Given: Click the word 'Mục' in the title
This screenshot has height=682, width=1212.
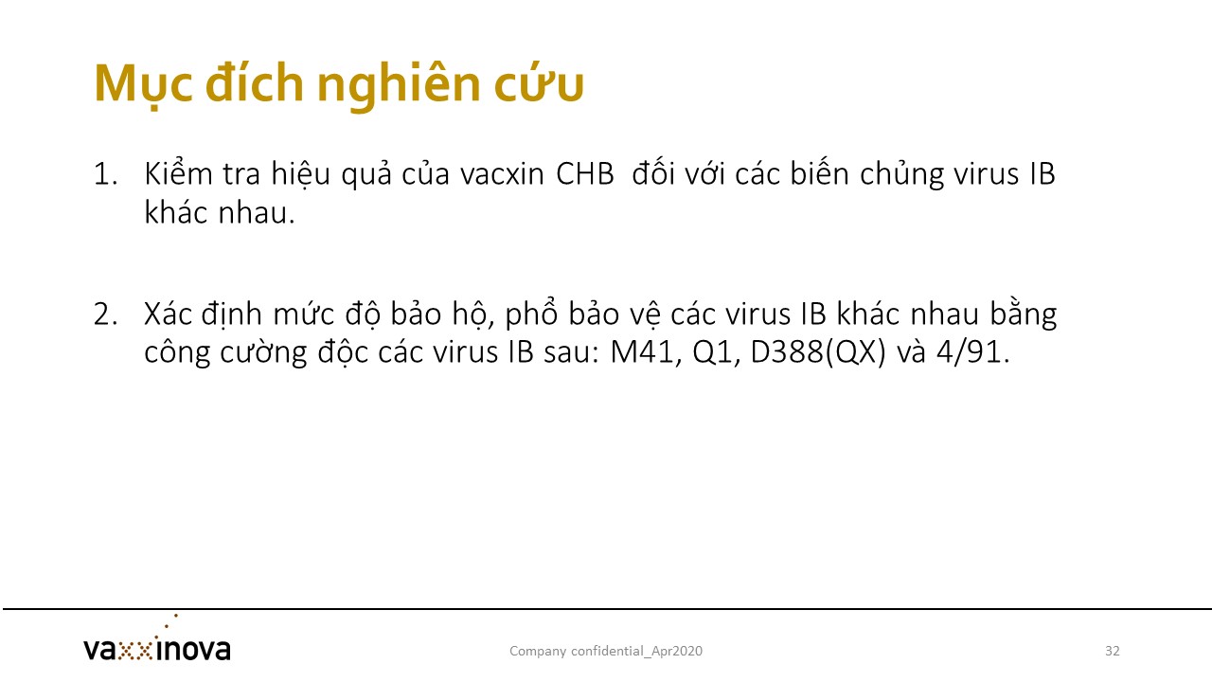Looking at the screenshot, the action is (x=143, y=84).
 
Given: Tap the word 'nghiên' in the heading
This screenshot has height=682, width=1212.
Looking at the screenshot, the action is (x=399, y=85).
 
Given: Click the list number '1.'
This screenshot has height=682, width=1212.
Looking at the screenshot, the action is (x=105, y=174).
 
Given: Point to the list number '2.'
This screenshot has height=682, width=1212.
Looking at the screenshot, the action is (x=105, y=314).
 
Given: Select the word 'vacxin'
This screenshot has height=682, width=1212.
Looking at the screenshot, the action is (x=502, y=173).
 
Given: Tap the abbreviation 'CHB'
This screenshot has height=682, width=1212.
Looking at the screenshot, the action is (x=585, y=174).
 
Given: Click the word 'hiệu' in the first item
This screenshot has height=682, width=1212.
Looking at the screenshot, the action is (x=300, y=175).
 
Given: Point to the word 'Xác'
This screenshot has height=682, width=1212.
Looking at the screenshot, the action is (x=168, y=314).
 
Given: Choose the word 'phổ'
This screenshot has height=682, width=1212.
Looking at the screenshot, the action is (x=531, y=314).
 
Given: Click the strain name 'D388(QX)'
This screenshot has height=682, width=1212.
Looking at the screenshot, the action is (x=819, y=352).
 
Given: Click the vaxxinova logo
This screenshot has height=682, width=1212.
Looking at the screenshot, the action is (x=157, y=642).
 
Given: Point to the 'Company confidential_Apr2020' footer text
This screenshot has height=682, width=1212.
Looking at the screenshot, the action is (x=606, y=651).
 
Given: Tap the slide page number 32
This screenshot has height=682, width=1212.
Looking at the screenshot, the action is (x=1112, y=651).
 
